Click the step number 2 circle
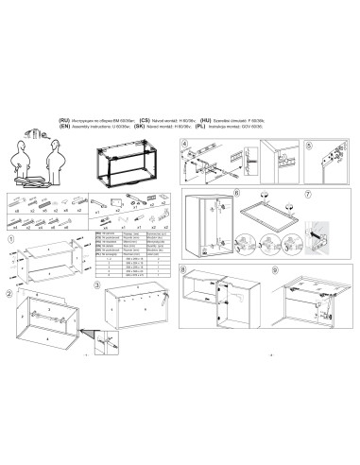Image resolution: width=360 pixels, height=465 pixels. tap(10, 293)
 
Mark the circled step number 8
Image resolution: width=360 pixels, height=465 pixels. tap(183, 270)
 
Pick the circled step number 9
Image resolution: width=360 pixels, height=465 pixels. tap(275, 270)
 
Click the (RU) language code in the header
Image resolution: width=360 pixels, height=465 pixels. tap(64, 122)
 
